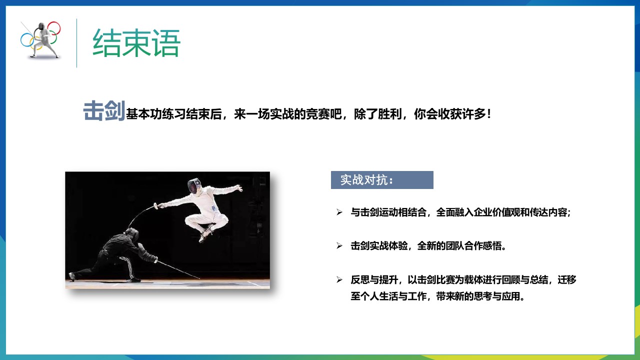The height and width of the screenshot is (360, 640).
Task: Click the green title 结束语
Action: pos(136,43)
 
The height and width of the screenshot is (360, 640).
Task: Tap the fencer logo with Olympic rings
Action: pos(40,40)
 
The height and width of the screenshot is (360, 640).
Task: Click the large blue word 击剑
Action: pos(104,111)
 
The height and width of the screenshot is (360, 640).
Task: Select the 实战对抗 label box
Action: pos(382,180)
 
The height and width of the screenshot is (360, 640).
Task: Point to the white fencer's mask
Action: pos(194,186)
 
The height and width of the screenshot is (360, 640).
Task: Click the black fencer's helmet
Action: pos(132,234)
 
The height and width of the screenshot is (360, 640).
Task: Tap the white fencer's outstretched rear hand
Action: pos(237,188)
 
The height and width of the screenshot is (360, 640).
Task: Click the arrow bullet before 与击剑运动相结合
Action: pos(339,212)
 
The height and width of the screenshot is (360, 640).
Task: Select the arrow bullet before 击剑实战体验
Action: pos(339,245)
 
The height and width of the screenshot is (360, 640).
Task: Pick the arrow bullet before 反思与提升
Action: pos(339,279)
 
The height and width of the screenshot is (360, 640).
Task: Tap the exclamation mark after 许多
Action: pos(489,114)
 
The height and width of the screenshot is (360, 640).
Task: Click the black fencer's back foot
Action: pos(72,276)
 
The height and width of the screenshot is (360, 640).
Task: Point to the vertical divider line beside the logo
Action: pos(76,43)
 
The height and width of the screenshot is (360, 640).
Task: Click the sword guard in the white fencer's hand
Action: pos(156,205)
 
